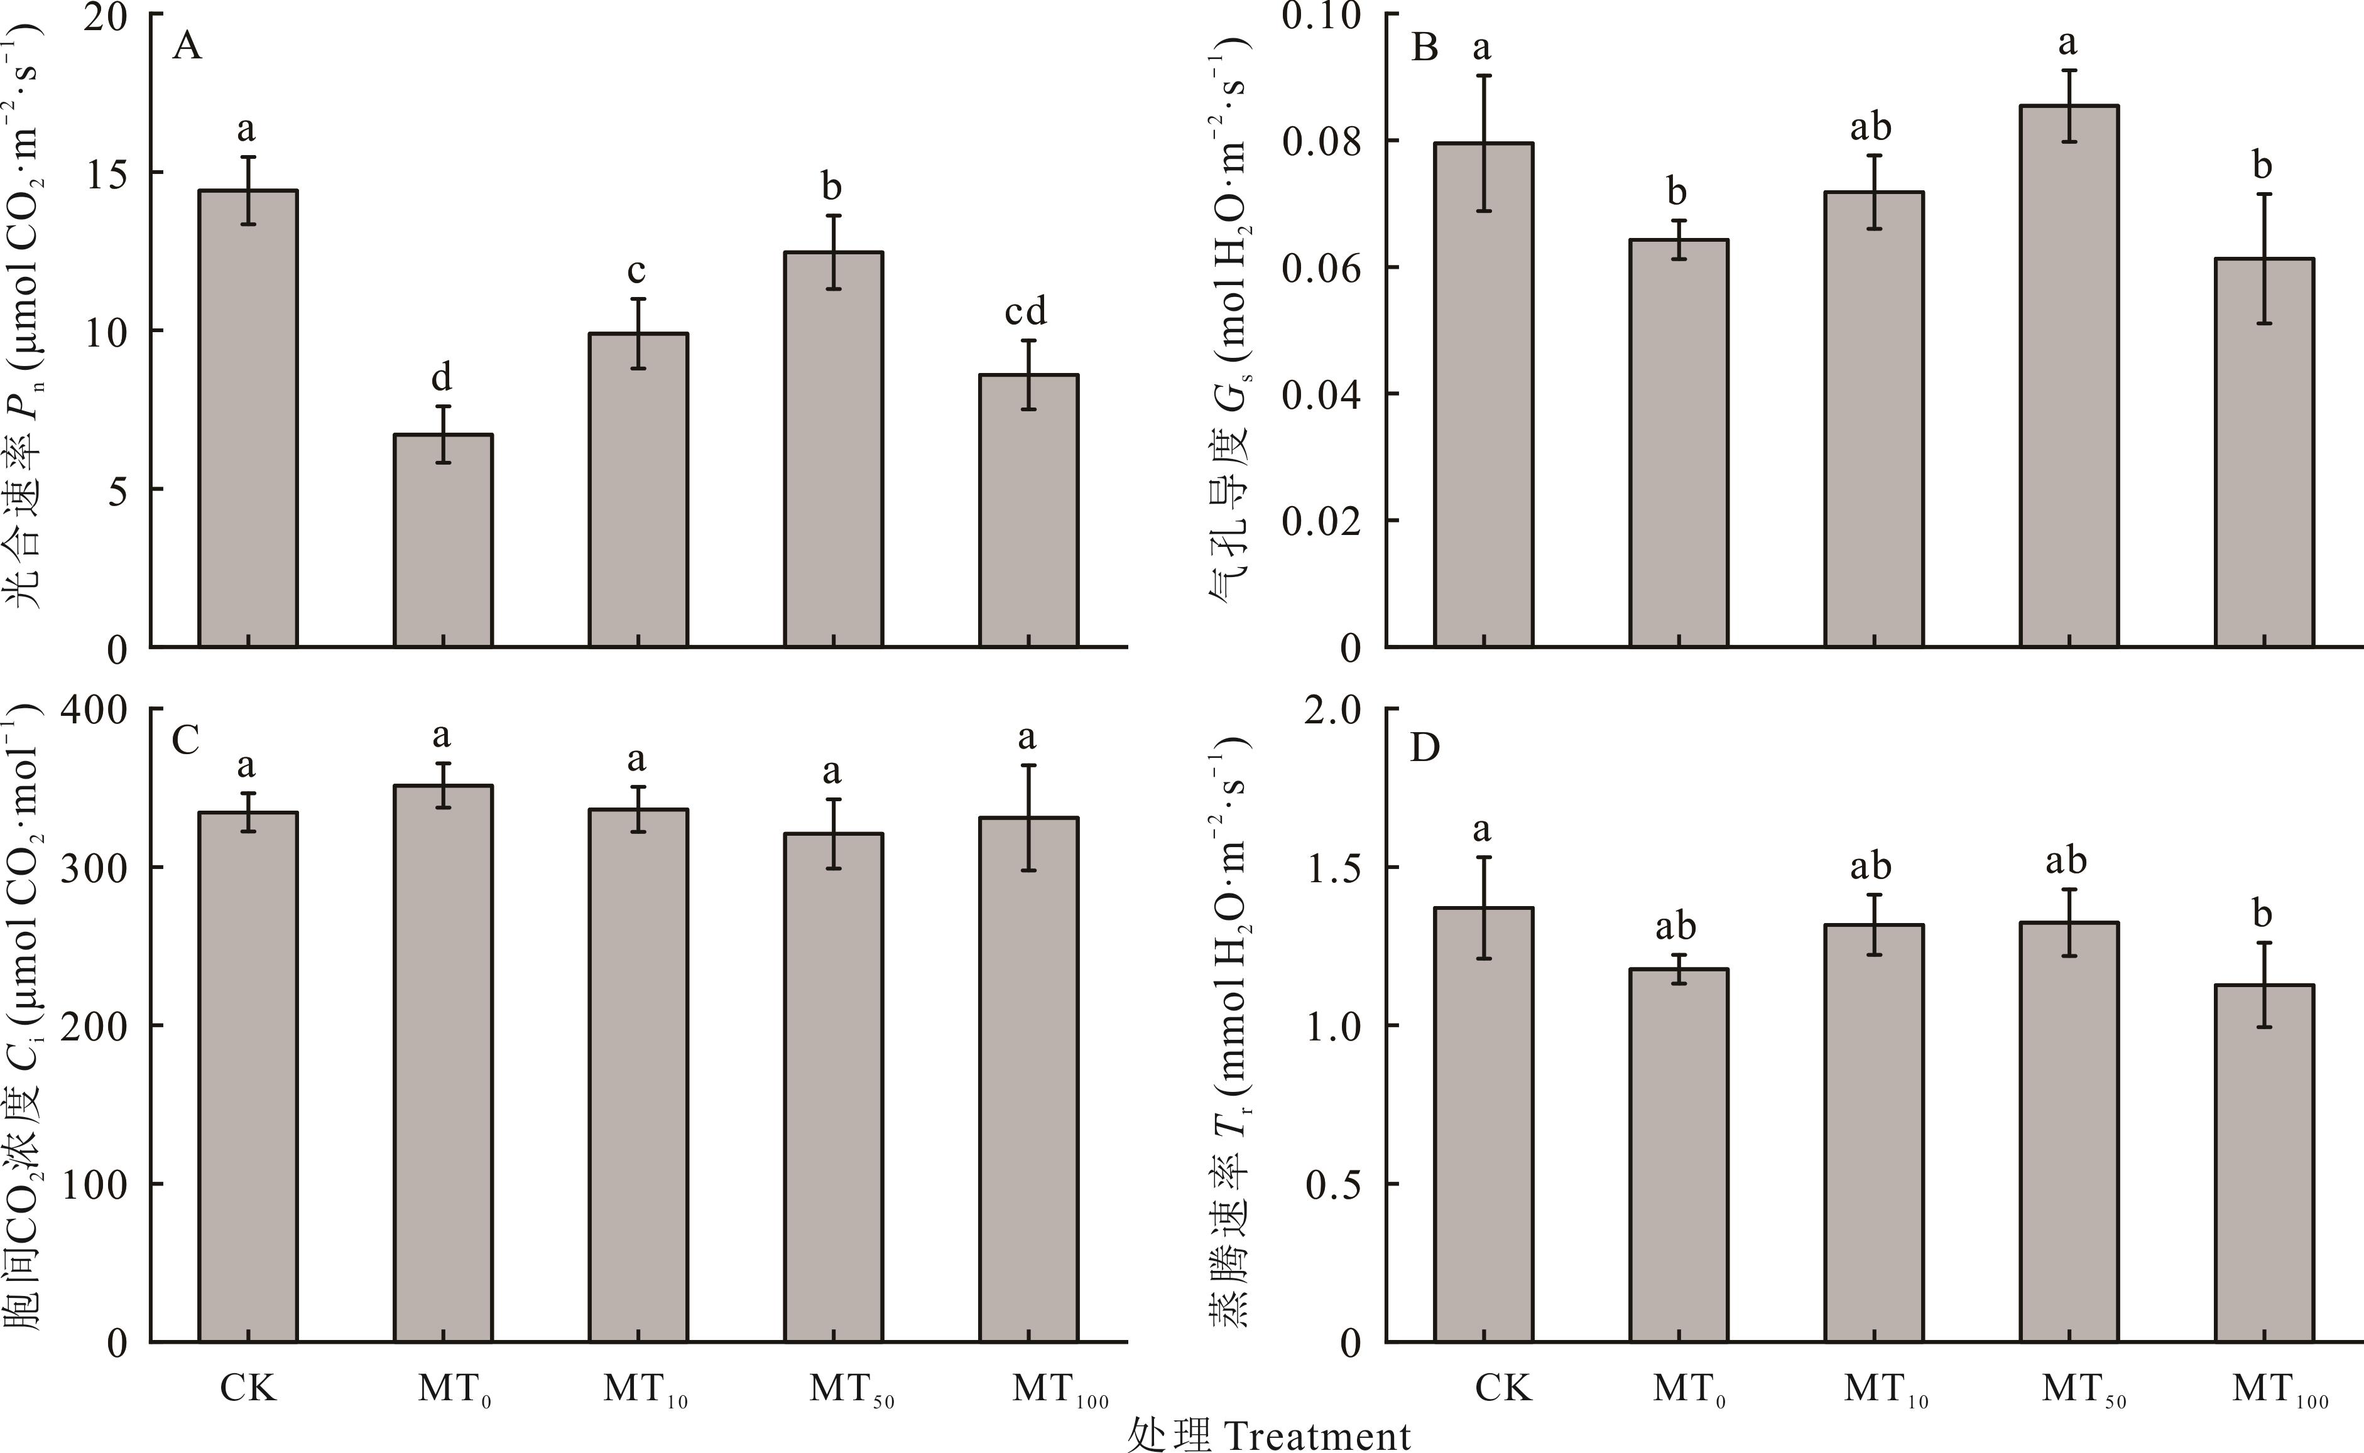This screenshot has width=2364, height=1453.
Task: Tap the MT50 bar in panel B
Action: click(2069, 375)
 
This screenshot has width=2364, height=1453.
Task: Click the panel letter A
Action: click(187, 46)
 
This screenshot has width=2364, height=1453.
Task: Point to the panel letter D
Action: click(1424, 746)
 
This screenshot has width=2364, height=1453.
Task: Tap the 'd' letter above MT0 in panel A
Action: click(441, 377)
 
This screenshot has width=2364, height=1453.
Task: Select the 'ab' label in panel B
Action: click(1871, 127)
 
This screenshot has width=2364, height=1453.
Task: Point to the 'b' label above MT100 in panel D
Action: click(2262, 913)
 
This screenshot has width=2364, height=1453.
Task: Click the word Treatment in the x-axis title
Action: click(1317, 1435)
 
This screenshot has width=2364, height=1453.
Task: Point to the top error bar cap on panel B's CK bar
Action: click(1484, 75)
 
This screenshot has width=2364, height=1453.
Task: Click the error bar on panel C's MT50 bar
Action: click(834, 833)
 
